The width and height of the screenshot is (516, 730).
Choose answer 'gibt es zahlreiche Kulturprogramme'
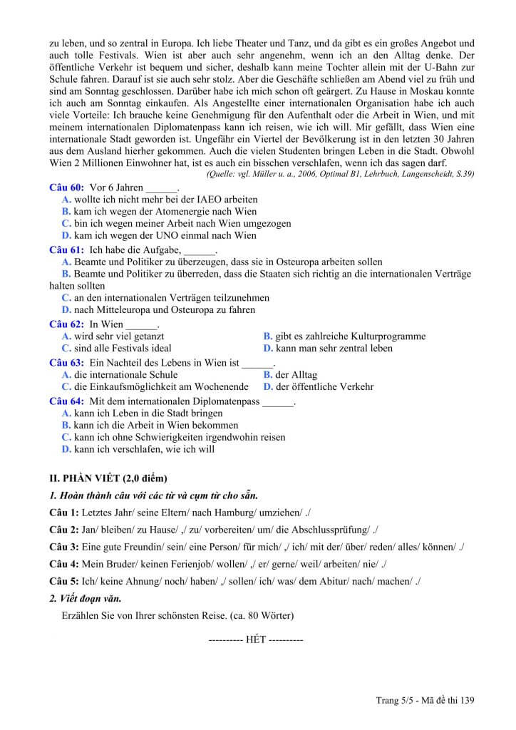point(350,336)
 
